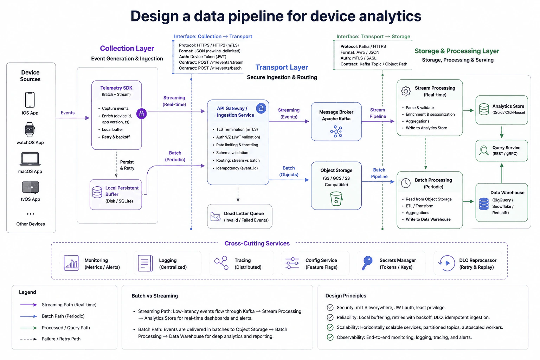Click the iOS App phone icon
point(30,99)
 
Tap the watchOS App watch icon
point(30,130)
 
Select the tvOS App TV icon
point(30,187)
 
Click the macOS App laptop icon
point(30,159)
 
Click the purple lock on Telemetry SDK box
point(142,114)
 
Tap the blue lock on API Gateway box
point(261,109)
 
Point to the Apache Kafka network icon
point(336,131)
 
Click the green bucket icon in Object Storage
point(336,198)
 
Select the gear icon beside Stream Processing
point(406,91)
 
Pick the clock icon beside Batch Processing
point(406,183)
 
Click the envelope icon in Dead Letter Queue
point(215,217)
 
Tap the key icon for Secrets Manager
point(367,263)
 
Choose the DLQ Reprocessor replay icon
point(446,263)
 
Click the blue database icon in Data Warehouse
point(484,204)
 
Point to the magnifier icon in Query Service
point(484,150)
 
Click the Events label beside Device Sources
point(67,112)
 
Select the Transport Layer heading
point(282,67)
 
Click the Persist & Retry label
point(127,165)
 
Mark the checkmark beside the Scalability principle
point(330,327)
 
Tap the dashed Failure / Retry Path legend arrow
point(28,339)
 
